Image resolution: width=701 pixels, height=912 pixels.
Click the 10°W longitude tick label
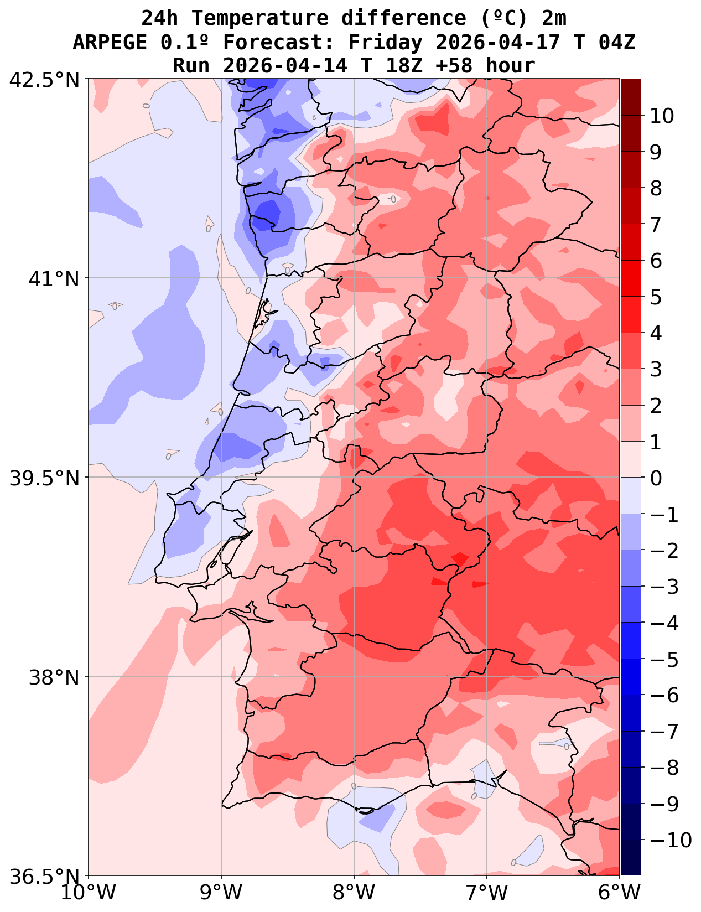(89, 893)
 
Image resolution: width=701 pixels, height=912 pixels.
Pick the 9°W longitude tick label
(221, 893)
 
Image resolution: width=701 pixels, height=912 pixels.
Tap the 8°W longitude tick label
(354, 893)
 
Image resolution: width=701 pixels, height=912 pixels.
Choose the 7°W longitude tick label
(487, 893)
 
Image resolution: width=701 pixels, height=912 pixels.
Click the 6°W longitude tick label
(620, 893)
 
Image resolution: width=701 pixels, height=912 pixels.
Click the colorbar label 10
(662, 116)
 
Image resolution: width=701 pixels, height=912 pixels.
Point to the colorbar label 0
(656, 478)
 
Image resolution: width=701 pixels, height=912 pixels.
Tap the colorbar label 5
(656, 297)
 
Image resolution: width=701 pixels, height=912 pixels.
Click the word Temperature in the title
(260, 18)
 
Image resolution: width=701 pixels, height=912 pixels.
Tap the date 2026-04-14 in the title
(285, 65)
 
